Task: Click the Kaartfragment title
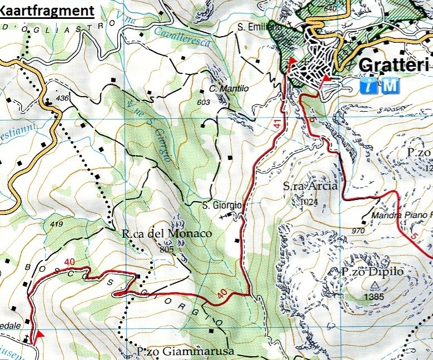[x=47, y=11]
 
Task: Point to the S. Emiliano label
[x=256, y=26]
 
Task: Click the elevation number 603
[x=203, y=102]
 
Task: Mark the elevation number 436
[x=63, y=98]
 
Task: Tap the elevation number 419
[x=56, y=224]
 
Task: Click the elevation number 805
[x=166, y=249]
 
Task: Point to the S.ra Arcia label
[x=310, y=187]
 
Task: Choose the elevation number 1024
[x=309, y=203]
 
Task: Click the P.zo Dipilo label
[x=369, y=272]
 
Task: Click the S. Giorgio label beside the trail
[x=221, y=206]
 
